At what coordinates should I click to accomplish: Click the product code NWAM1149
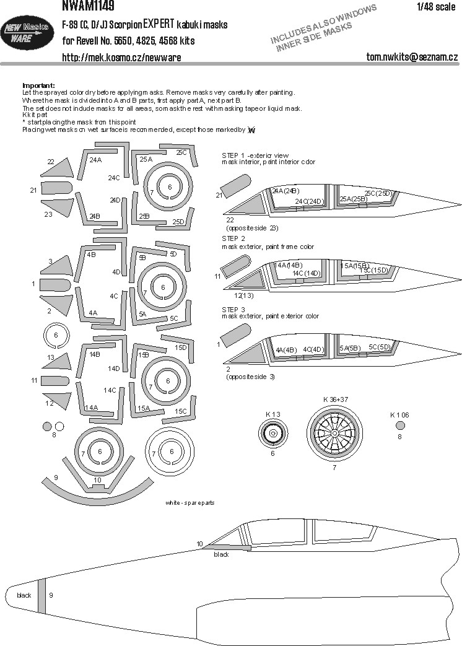click(x=89, y=6)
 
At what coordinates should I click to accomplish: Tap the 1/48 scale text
click(x=436, y=7)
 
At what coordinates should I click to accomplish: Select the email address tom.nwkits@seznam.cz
click(x=412, y=56)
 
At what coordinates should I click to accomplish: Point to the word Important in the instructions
click(x=38, y=85)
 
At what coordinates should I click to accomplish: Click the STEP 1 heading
click(x=233, y=155)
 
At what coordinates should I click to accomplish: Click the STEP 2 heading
click(x=233, y=238)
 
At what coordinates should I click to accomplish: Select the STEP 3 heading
click(x=233, y=310)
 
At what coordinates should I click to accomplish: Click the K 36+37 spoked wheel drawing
click(x=334, y=434)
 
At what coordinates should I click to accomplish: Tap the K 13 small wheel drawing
click(x=273, y=434)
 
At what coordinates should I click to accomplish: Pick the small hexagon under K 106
click(x=399, y=426)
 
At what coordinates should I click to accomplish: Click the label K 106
click(x=399, y=415)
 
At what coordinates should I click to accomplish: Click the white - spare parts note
click(x=190, y=503)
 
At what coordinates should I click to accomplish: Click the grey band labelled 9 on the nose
click(x=41, y=596)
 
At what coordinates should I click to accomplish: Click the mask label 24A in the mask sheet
click(x=95, y=160)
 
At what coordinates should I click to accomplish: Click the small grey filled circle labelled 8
click(x=47, y=426)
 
